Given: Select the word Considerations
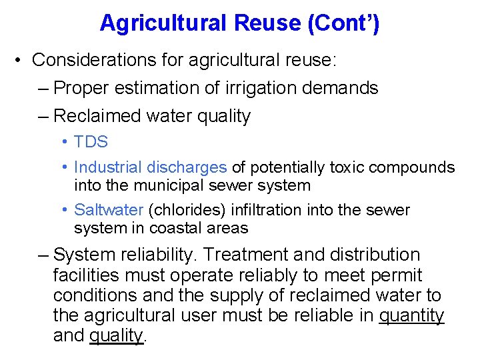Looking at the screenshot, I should pos(107,60).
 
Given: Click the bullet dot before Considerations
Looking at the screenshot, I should pos(19,60).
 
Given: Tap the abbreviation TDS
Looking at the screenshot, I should pos(91,142).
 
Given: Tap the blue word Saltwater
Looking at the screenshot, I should pos(109,210).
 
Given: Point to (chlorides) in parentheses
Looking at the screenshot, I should pos(187,210).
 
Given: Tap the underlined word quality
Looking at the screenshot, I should pos(116,336).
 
